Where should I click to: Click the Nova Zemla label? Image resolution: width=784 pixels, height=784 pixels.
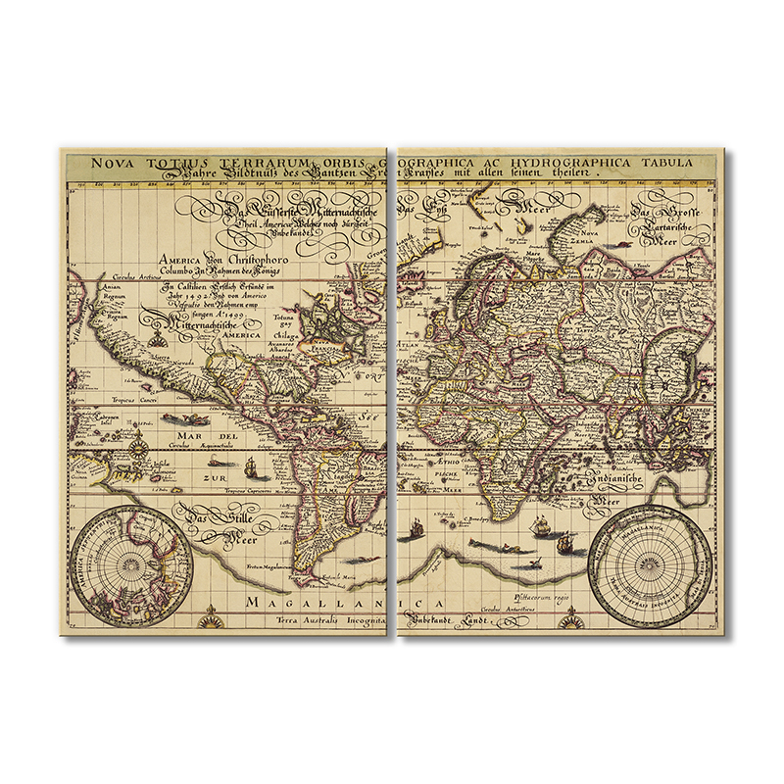(589, 236)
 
